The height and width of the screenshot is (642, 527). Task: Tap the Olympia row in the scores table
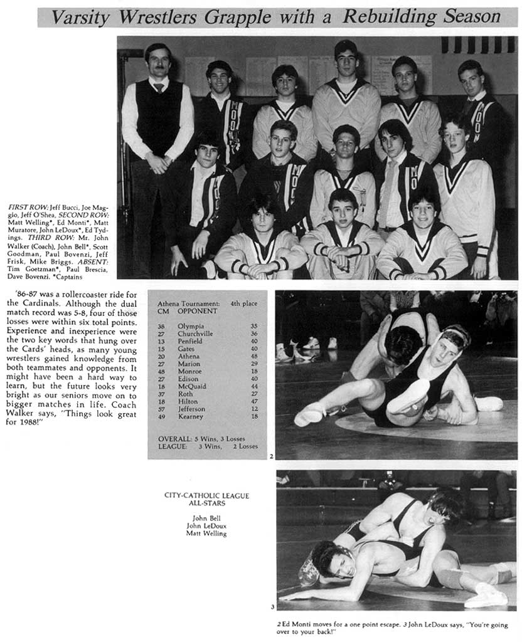click(x=207, y=326)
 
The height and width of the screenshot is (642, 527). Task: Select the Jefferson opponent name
click(x=191, y=409)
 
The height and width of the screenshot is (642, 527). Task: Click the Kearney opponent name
click(x=189, y=416)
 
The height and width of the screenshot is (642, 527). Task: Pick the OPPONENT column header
click(x=197, y=311)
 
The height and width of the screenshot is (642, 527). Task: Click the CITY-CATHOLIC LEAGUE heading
click(x=206, y=495)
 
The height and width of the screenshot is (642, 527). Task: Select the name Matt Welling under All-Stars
click(x=206, y=534)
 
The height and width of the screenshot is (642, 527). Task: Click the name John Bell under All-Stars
click(x=206, y=518)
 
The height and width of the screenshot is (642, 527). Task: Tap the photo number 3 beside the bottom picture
click(x=272, y=606)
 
